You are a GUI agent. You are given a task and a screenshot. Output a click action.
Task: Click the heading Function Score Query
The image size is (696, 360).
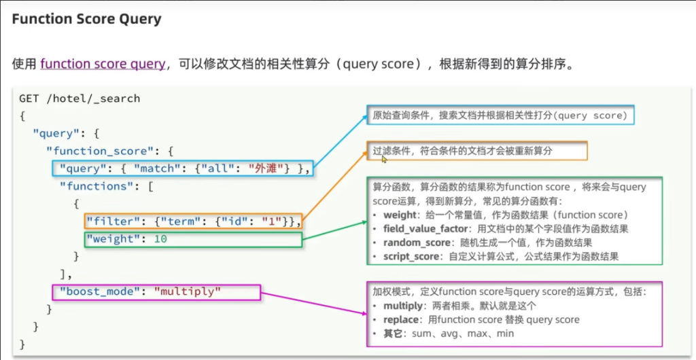point(87,19)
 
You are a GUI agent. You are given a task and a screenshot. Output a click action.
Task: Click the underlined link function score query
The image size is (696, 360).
point(103,64)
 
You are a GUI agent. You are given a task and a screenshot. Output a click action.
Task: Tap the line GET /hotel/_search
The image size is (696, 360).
point(80,98)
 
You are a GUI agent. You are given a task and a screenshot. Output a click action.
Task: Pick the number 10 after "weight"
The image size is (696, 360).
point(160,239)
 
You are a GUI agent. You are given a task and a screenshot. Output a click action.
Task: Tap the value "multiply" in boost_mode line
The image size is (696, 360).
point(188,292)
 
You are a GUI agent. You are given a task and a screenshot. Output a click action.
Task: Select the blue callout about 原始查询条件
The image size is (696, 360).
point(499,115)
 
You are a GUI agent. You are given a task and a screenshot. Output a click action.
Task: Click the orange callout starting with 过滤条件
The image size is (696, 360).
point(474,151)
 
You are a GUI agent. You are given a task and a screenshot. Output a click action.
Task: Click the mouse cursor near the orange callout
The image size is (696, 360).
point(384,159)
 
